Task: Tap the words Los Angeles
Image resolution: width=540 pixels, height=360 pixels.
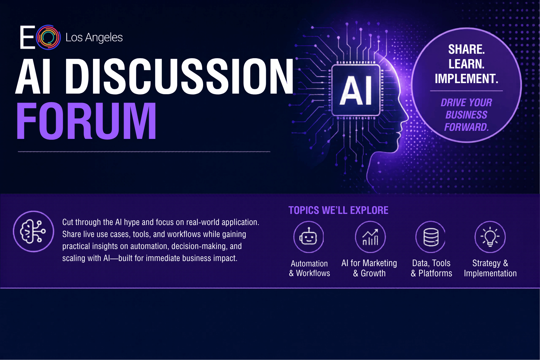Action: [94, 38]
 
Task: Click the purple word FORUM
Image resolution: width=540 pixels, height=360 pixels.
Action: [86, 121]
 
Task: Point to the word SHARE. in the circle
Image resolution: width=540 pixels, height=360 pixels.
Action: [466, 49]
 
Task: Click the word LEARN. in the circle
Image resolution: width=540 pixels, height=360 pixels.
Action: [466, 64]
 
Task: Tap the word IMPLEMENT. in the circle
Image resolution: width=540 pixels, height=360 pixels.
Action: [466, 79]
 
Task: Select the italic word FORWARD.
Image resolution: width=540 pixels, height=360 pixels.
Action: [466, 127]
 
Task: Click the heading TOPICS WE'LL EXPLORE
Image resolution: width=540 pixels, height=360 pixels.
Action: [338, 210]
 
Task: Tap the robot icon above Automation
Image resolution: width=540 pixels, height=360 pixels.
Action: [309, 237]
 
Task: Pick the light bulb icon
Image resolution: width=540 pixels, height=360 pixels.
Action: [490, 237]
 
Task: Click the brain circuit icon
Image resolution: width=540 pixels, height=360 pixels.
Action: [33, 231]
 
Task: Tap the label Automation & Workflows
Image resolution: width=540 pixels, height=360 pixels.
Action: [309, 268]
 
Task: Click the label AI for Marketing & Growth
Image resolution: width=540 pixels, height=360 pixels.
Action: [369, 268]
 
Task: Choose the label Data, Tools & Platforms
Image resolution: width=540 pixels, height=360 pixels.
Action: [431, 268]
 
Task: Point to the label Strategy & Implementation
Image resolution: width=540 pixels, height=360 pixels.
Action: [490, 268]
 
